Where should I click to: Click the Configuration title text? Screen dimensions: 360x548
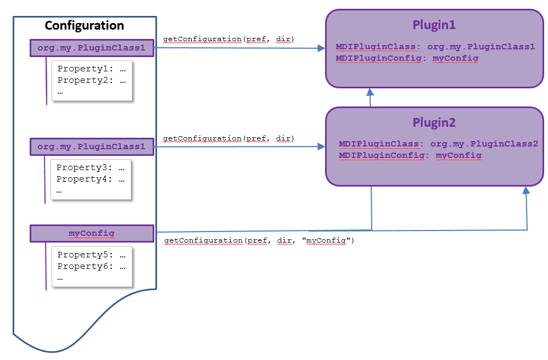[84, 26]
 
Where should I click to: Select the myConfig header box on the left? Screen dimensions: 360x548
[92, 234]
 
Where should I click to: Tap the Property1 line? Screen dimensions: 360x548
[91, 69]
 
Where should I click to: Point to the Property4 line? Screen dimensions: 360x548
[90, 179]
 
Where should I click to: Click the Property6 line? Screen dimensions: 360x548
[91, 266]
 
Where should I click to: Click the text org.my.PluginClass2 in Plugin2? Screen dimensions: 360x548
[484, 144]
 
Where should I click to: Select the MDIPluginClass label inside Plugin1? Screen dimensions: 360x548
[376, 47]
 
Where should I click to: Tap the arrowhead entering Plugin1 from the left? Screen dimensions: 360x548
[322, 48]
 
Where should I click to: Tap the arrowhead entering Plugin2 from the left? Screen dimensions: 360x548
[322, 147]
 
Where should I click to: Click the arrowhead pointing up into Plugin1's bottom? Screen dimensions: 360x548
[370, 92]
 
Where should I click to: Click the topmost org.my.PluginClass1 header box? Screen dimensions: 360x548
[92, 48]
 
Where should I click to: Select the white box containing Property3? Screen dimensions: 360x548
[91, 179]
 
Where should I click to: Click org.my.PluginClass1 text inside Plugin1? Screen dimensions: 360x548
[481, 47]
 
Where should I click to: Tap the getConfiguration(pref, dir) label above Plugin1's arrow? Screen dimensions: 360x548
[228, 39]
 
